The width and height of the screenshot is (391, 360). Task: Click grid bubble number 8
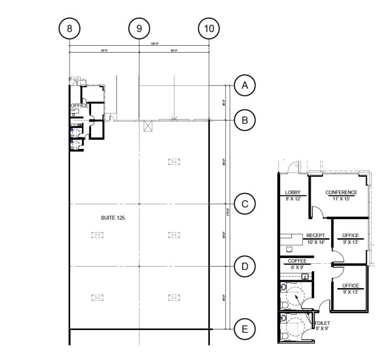point(70,27)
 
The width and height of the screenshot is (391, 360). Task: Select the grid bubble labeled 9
point(139,27)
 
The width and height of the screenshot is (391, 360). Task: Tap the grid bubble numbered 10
point(209,27)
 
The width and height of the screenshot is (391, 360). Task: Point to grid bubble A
point(244,85)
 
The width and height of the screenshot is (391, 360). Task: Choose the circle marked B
point(244,120)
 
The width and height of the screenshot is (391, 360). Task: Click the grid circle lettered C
point(244,204)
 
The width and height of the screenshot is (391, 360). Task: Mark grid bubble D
point(244,266)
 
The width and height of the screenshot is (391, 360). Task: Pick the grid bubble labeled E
point(244,329)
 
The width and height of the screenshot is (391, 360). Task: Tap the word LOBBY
point(293,192)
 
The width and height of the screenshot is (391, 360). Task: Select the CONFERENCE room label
point(341,192)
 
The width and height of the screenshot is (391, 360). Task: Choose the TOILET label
point(321,323)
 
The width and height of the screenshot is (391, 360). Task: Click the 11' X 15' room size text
point(341,199)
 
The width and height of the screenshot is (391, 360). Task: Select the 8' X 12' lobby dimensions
point(293,199)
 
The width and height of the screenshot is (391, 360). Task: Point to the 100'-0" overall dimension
point(139,44)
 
